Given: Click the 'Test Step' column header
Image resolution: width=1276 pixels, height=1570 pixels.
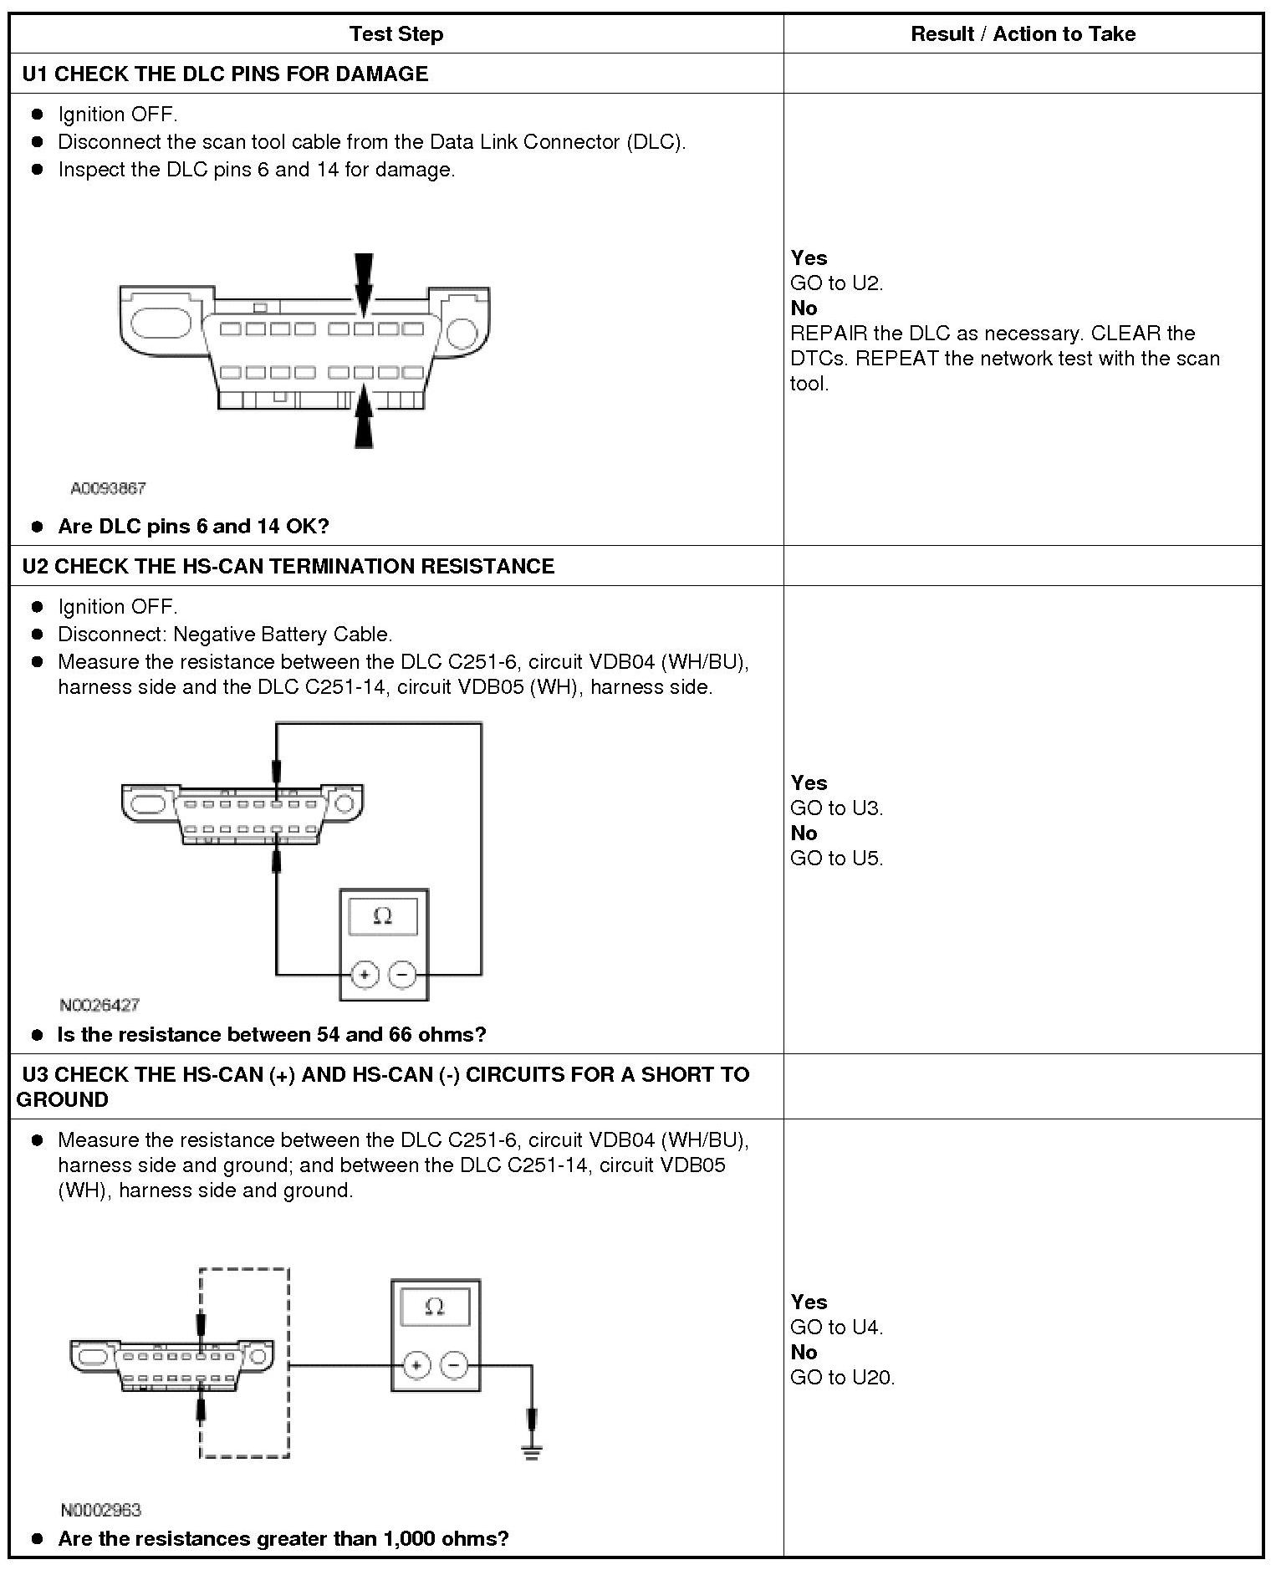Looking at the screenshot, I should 396,34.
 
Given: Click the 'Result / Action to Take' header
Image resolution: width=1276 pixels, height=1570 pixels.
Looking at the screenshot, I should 1023,34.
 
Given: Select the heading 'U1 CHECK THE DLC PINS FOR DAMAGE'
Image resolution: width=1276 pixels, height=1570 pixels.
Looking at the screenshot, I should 225,74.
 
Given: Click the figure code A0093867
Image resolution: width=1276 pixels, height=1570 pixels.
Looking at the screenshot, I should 108,488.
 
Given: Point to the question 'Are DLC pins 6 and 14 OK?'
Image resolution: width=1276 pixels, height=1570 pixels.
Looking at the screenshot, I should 193,527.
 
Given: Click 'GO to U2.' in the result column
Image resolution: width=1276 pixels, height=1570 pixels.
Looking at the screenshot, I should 836,283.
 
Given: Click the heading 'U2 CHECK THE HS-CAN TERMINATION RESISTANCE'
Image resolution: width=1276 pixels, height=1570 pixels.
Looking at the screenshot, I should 288,566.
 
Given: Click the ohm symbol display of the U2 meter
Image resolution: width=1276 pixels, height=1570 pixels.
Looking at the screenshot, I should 383,917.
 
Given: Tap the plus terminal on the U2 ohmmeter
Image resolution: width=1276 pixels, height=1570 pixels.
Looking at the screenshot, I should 365,975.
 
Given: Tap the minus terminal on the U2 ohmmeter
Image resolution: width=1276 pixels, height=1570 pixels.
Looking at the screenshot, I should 403,975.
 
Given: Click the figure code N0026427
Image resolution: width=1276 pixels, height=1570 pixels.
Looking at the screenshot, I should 100,1005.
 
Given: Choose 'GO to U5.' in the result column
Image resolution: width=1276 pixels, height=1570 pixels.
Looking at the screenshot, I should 836,859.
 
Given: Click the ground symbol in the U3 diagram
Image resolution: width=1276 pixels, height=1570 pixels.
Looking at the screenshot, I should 532,1451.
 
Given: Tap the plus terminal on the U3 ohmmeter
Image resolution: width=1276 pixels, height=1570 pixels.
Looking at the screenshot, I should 416,1366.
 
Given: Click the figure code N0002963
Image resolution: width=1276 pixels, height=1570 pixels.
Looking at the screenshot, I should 101,1510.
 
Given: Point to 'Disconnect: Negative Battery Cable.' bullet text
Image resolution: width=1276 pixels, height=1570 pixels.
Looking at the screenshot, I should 225,635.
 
